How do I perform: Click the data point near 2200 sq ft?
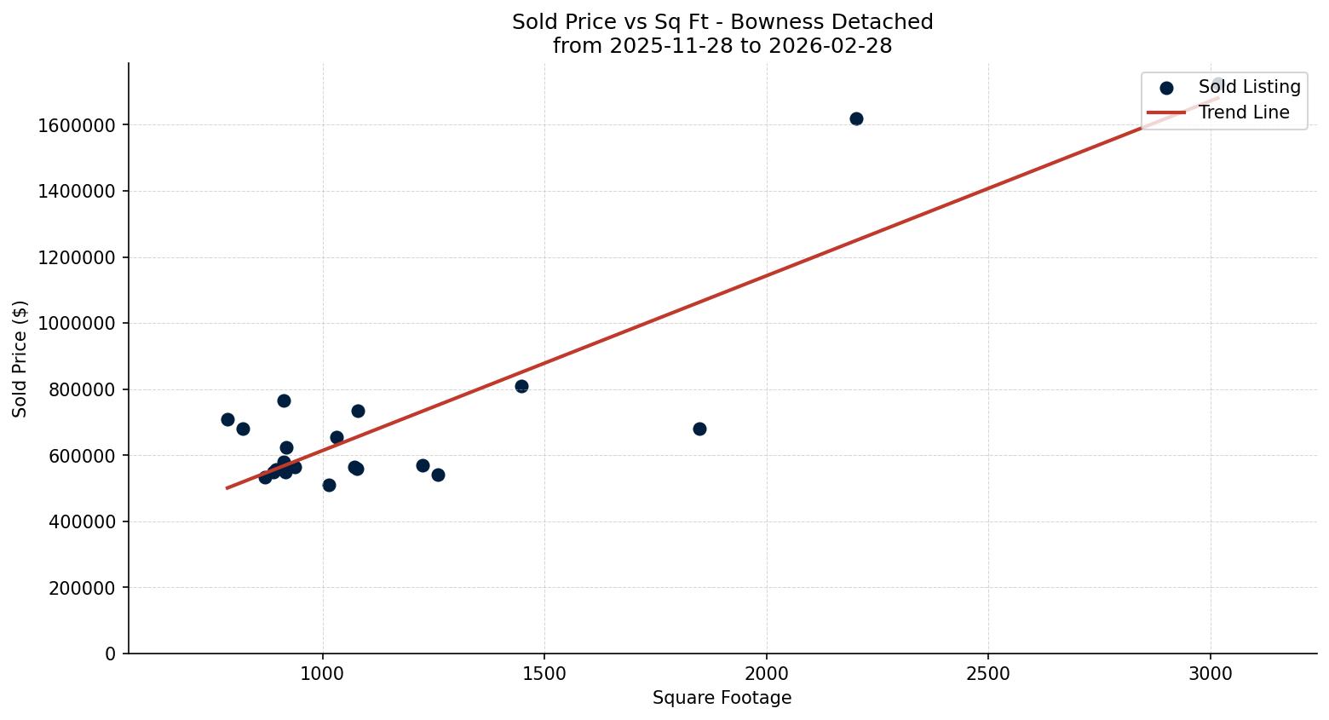(856, 118)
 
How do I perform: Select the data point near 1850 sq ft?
(699, 429)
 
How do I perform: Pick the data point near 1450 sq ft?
(521, 386)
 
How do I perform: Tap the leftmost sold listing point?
(227, 419)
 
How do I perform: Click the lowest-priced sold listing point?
(329, 485)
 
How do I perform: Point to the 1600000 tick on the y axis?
(77, 125)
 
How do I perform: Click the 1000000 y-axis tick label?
(77, 324)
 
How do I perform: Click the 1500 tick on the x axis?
(544, 673)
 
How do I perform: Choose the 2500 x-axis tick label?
(988, 673)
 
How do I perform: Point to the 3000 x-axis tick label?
(1210, 673)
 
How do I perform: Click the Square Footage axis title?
(722, 699)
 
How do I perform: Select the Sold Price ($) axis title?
(20, 359)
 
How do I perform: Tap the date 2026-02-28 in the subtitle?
(830, 46)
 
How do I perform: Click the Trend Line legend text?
(1244, 112)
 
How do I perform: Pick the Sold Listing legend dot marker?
(1166, 88)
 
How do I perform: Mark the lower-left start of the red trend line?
(227, 487)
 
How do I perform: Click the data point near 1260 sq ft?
(438, 475)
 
